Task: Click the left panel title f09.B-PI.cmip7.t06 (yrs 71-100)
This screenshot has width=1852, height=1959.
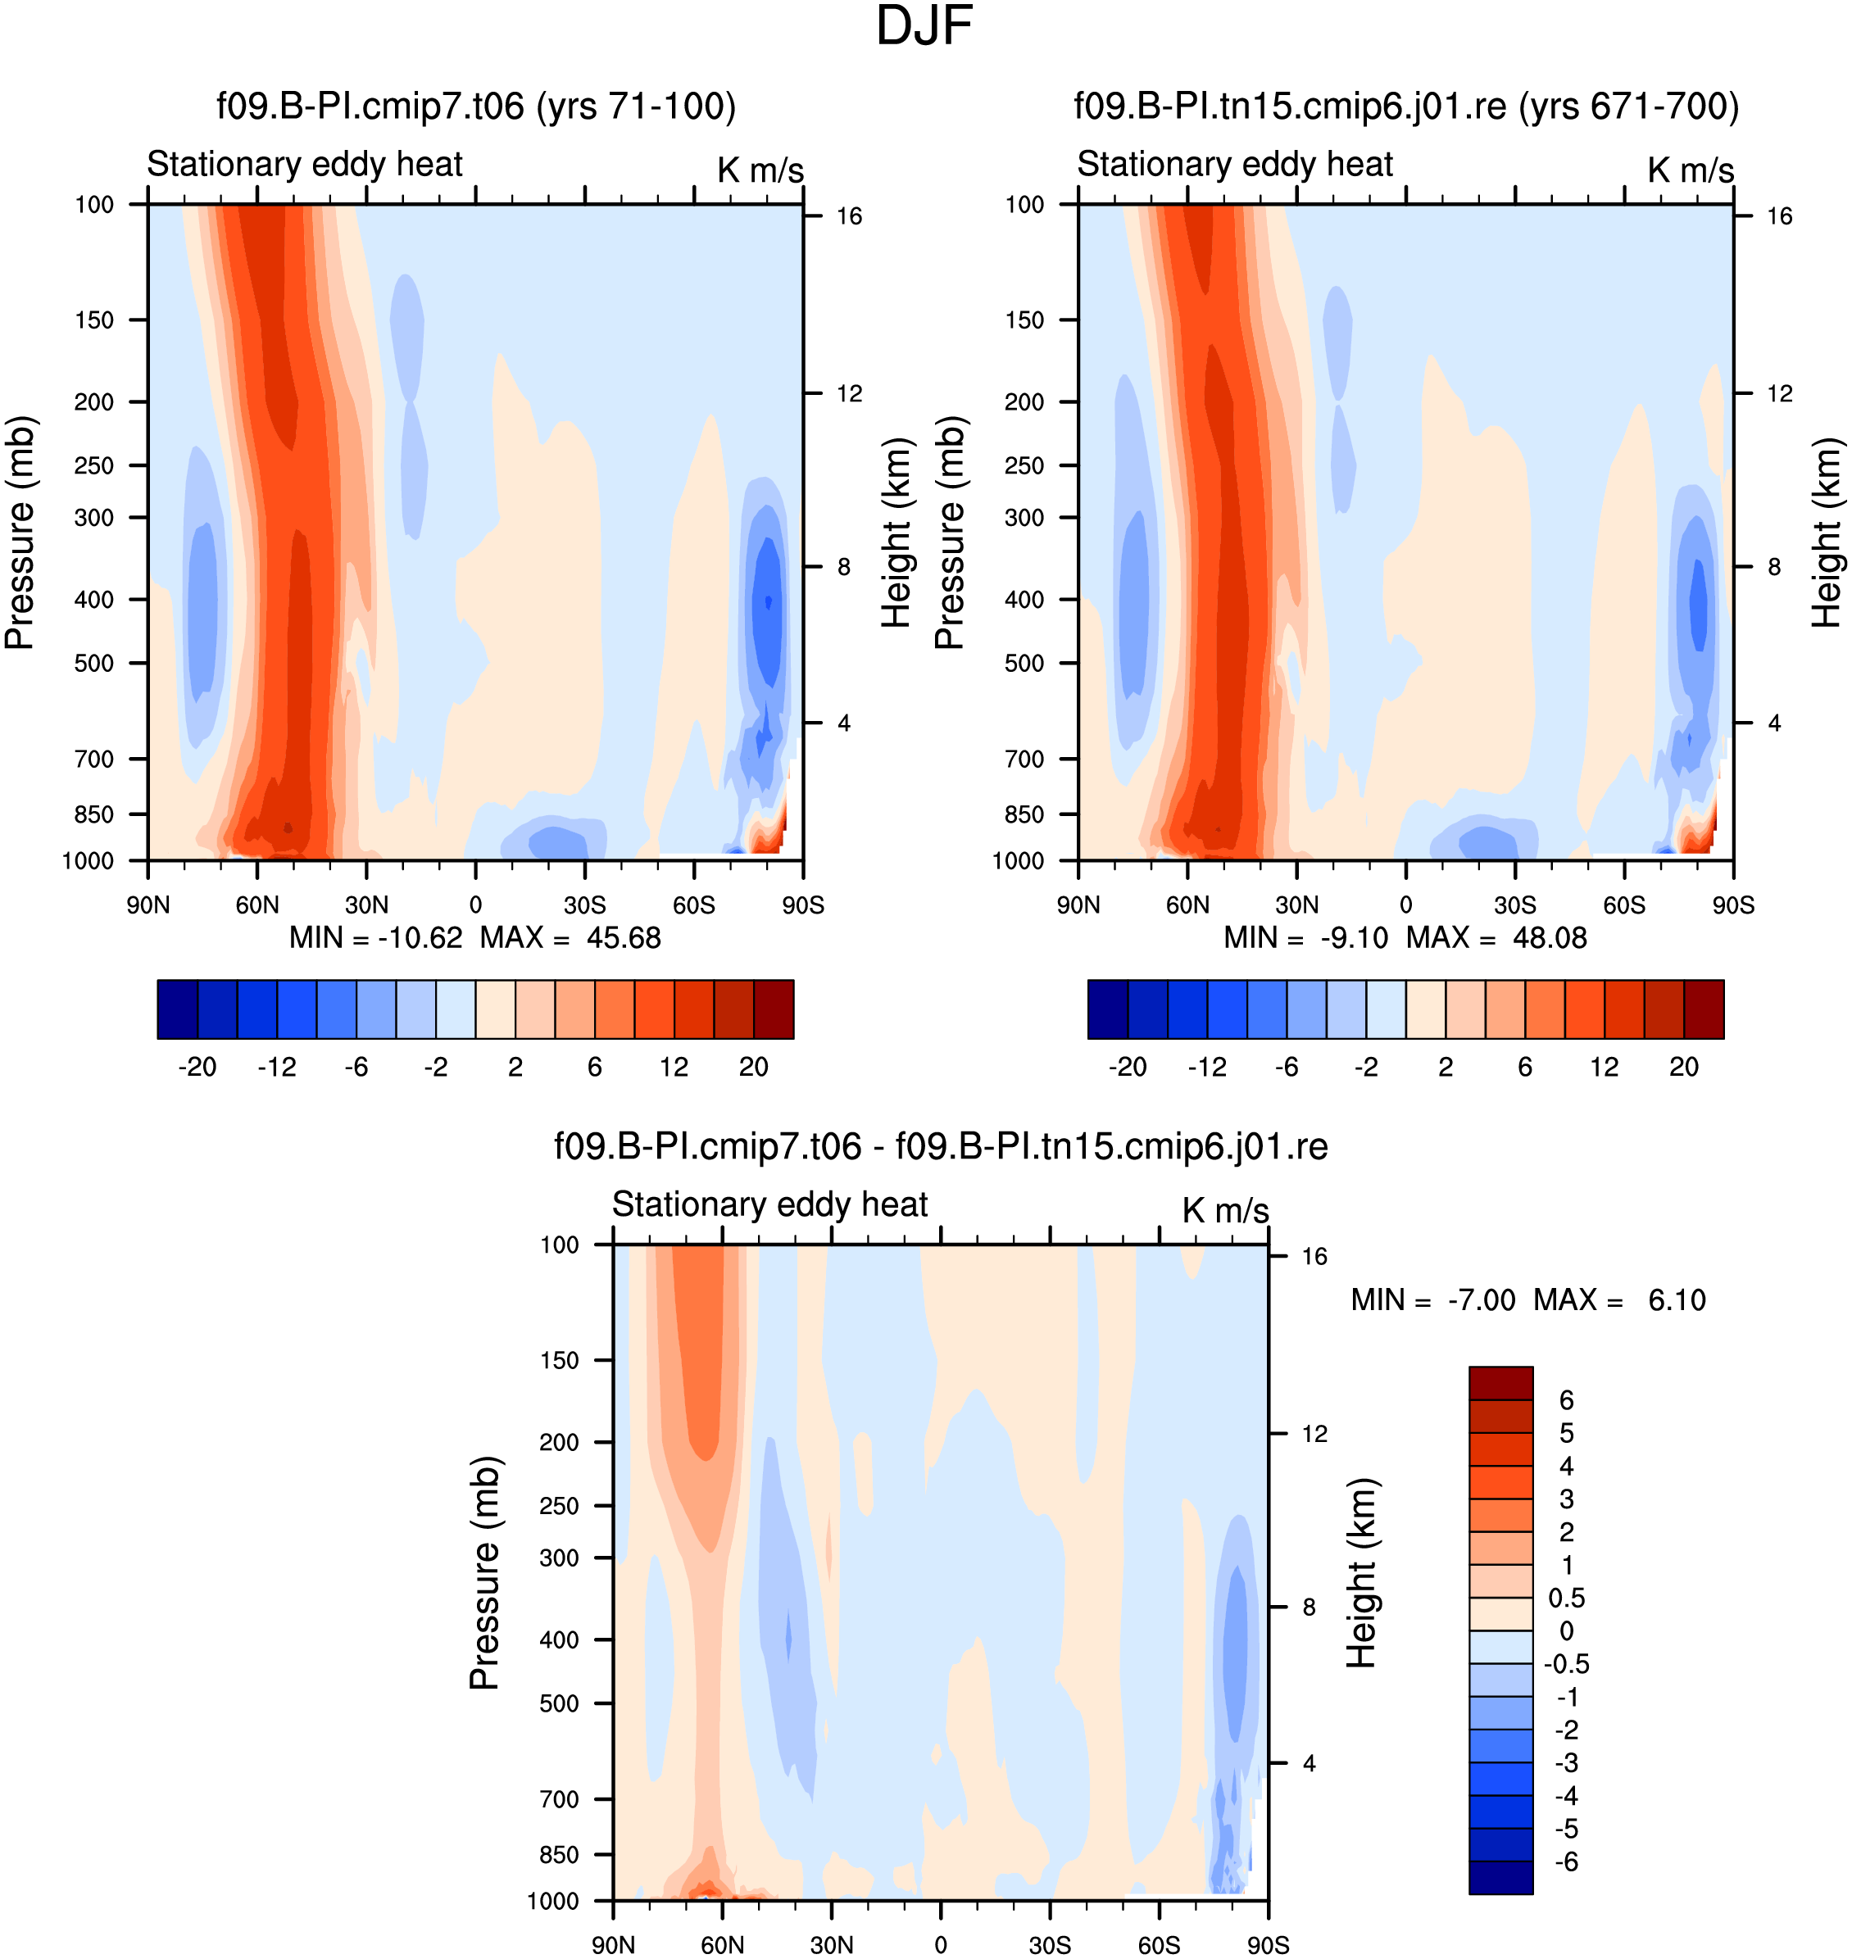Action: pos(476,106)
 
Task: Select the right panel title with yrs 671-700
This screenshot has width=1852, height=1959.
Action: pos(1405,106)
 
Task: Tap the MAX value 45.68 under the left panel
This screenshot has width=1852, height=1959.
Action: pos(624,937)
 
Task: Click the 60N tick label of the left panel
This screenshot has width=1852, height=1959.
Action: pos(256,905)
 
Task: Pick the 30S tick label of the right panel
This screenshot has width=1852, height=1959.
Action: pos(1514,905)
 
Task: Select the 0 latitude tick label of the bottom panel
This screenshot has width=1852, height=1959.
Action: pos(941,1945)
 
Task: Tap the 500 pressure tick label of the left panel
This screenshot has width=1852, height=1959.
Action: pos(95,663)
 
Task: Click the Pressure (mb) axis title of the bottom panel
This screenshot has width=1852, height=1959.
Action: pos(485,1573)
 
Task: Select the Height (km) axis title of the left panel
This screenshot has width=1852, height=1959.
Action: pos(896,533)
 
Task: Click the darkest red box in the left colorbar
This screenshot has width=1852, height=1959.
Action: pos(774,1009)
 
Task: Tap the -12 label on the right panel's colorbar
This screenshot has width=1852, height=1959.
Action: pos(1206,1067)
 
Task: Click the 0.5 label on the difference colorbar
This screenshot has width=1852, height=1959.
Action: pos(1567,1598)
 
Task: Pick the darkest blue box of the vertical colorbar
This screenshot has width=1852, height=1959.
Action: pos(1500,1877)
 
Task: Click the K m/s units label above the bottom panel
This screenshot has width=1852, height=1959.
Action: pos(1225,1211)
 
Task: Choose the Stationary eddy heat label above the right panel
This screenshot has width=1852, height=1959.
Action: pos(1234,164)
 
